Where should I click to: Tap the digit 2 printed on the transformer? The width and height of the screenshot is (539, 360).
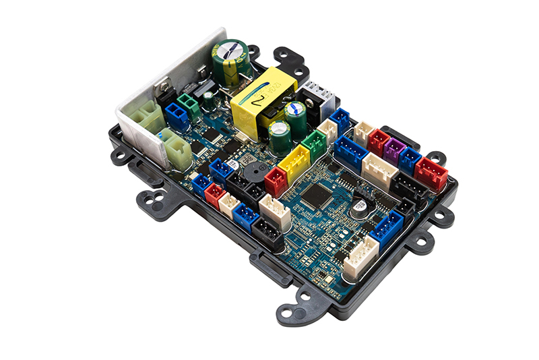[x=259, y=102]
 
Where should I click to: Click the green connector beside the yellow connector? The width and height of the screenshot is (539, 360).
[x=314, y=144]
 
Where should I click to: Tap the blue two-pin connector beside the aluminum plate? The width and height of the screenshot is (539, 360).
[x=177, y=115]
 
